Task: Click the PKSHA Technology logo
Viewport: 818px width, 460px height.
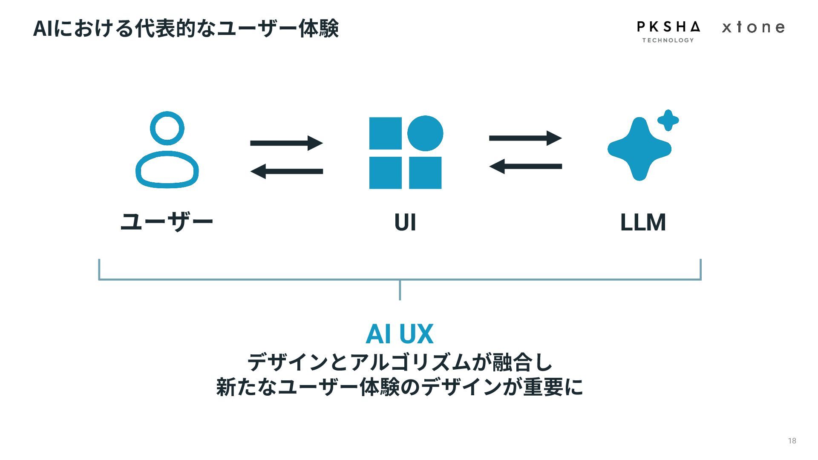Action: click(x=668, y=31)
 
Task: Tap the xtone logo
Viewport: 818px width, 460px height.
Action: click(x=753, y=28)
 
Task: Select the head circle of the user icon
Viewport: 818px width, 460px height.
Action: click(x=167, y=128)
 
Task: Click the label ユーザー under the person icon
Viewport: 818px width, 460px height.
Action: click(x=167, y=222)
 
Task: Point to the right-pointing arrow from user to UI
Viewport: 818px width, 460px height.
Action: click(x=286, y=143)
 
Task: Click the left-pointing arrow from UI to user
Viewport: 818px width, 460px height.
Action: click(x=286, y=171)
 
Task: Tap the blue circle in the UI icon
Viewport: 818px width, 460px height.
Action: click(x=425, y=133)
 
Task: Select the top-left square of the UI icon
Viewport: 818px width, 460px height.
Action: click(x=385, y=133)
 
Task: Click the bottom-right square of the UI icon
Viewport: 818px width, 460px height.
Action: click(x=425, y=172)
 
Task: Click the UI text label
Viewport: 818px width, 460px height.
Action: click(x=405, y=222)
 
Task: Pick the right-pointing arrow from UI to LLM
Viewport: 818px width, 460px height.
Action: click(x=525, y=138)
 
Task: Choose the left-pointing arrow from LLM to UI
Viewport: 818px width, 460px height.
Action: click(x=525, y=166)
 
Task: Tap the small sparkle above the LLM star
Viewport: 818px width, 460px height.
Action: click(x=668, y=120)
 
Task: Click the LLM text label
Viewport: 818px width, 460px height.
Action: click(x=643, y=222)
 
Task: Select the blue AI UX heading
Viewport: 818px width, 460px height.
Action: click(x=400, y=333)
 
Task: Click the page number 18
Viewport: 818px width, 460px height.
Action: click(x=792, y=441)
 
